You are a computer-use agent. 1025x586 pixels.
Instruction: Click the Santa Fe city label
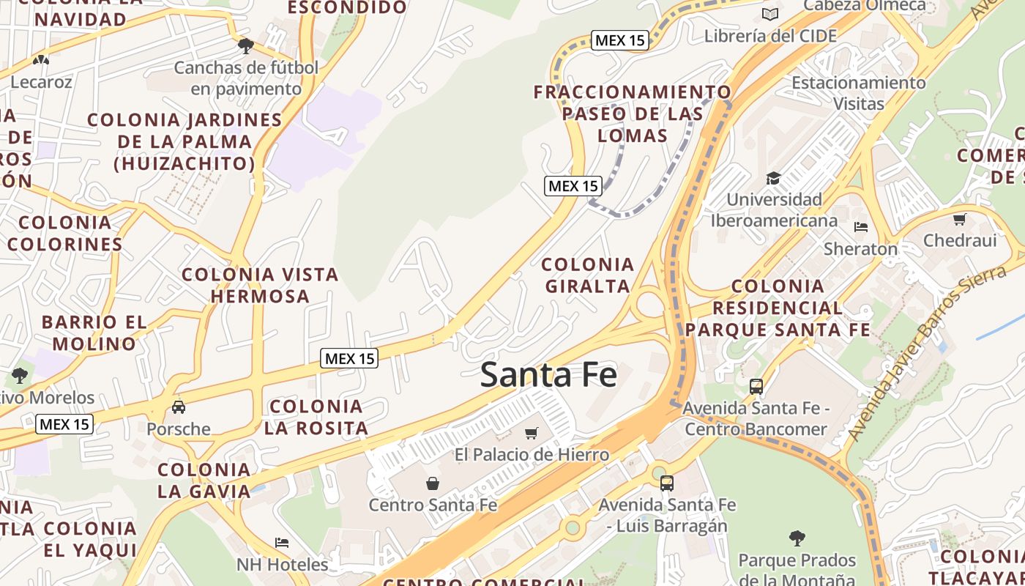click(x=548, y=374)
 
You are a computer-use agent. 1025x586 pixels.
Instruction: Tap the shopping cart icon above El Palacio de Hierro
click(x=532, y=433)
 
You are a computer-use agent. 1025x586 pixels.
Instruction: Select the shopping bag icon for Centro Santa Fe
click(x=433, y=483)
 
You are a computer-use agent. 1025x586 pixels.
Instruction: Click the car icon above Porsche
click(x=178, y=407)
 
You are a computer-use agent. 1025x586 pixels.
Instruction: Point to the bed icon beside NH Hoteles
click(x=282, y=543)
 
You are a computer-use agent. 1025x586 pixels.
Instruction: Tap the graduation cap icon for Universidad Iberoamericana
click(x=773, y=178)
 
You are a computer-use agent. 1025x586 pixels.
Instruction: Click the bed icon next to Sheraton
click(x=861, y=227)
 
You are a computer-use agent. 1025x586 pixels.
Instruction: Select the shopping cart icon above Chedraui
click(x=960, y=219)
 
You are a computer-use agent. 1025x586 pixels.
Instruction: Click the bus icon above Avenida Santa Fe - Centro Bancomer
click(x=756, y=386)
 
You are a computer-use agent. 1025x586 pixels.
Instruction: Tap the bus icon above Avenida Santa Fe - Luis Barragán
click(x=666, y=483)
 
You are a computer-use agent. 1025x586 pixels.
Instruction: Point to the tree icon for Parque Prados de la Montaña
click(x=797, y=538)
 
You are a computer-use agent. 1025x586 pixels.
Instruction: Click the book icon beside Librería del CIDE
click(x=769, y=14)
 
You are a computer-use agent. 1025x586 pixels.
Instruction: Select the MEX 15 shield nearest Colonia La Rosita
click(x=349, y=358)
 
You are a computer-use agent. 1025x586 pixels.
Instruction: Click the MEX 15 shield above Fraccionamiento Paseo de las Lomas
click(x=620, y=40)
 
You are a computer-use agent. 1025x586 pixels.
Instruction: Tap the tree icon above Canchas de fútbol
click(x=245, y=46)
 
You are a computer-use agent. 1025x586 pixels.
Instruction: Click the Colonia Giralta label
click(x=588, y=275)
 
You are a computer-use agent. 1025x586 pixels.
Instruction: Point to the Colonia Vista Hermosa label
click(x=260, y=285)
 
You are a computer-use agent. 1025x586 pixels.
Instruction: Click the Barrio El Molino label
click(x=94, y=333)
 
